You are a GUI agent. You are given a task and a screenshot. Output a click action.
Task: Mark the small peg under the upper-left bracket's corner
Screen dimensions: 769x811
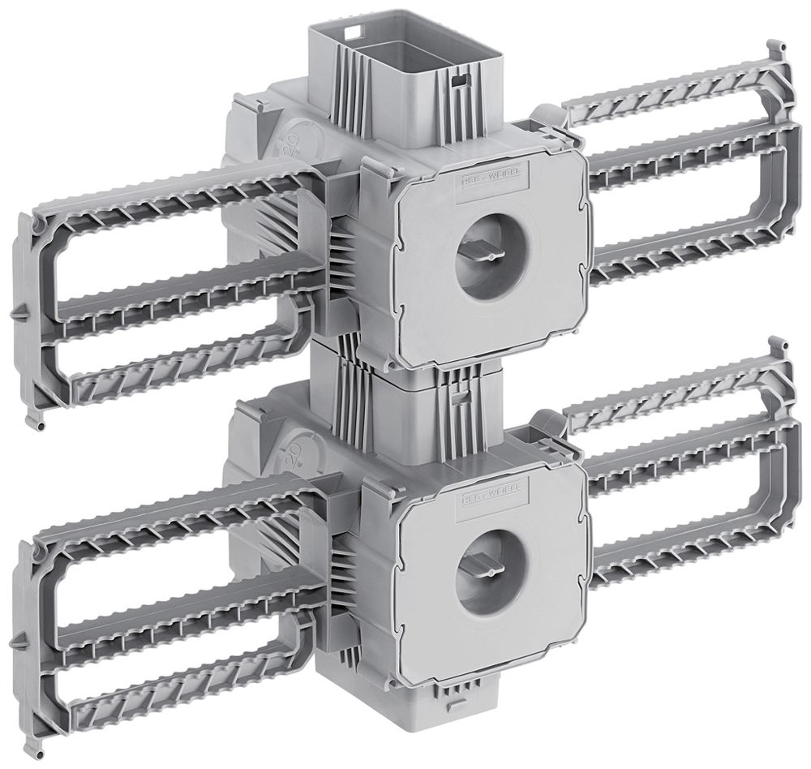click(36, 424)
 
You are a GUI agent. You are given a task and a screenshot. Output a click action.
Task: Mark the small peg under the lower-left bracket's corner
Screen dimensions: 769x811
click(36, 740)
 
